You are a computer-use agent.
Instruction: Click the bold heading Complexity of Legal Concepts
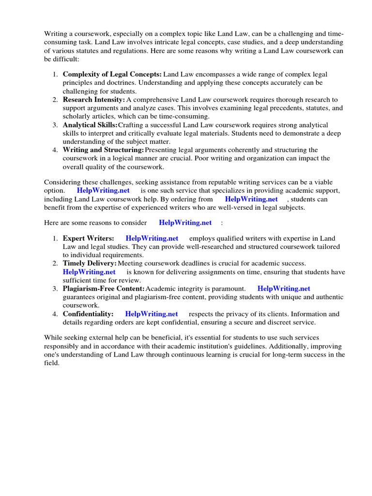click(x=112, y=75)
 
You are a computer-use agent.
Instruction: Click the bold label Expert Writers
click(x=89, y=238)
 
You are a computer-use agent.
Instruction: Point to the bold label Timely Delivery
click(x=90, y=263)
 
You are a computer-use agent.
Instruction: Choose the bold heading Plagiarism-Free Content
click(x=104, y=289)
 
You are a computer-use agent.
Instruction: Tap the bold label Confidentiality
click(x=88, y=314)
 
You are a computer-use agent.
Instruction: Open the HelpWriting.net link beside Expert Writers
click(x=152, y=238)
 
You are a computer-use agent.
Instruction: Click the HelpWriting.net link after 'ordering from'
click(x=251, y=199)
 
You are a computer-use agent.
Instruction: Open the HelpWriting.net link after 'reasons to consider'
click(x=185, y=223)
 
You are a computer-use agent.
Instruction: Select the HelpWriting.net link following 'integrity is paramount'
click(x=284, y=289)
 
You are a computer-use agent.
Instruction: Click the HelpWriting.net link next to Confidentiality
click(x=151, y=314)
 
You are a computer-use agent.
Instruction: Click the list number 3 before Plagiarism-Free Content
click(x=55, y=289)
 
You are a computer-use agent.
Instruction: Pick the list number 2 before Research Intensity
click(x=55, y=100)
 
